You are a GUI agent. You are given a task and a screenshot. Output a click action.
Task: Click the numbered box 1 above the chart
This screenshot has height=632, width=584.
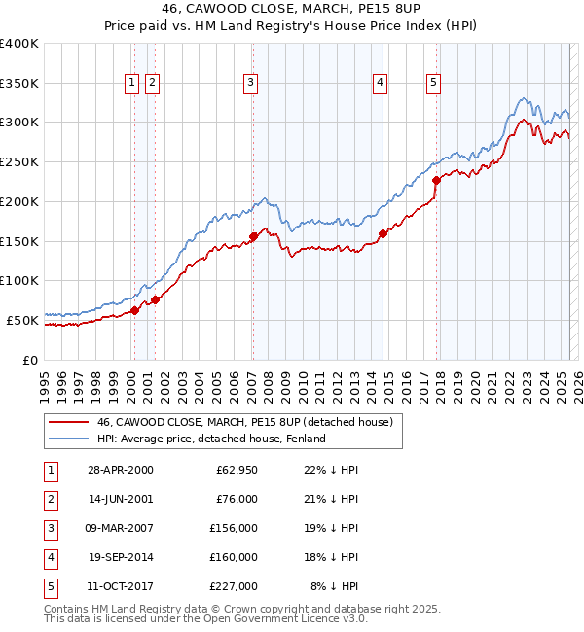click(x=131, y=84)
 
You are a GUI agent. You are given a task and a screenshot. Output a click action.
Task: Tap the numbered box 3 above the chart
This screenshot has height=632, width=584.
click(x=251, y=84)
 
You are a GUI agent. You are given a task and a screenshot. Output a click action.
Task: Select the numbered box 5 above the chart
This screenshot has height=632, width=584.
click(x=432, y=84)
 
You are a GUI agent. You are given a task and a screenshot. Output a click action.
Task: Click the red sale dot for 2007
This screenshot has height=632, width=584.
click(x=253, y=236)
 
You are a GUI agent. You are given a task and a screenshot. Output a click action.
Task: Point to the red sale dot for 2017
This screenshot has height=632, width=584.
click(x=436, y=180)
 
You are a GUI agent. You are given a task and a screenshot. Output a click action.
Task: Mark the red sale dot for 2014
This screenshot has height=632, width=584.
click(x=383, y=233)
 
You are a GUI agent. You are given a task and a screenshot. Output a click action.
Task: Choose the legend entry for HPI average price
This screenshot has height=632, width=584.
click(x=210, y=439)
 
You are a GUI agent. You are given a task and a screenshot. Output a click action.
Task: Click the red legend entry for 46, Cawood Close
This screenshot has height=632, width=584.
click(x=243, y=422)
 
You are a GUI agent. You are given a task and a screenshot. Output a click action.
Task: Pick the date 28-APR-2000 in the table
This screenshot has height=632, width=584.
click(x=120, y=470)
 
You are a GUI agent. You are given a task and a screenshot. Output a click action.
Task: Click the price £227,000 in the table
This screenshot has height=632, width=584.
click(x=236, y=586)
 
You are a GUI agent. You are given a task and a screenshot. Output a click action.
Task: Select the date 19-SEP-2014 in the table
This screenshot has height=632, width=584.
click(x=120, y=557)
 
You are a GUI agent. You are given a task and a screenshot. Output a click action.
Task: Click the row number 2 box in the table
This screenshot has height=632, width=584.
click(x=48, y=499)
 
